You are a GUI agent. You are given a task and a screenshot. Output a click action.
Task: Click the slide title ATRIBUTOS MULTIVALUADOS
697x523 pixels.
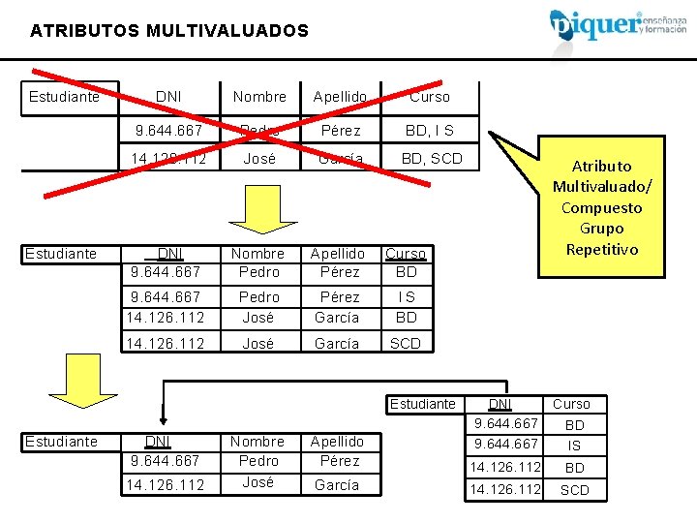169,31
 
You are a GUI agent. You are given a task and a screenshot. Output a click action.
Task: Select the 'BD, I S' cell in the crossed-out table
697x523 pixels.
430,130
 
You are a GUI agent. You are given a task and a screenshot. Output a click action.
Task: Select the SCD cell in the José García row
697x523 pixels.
406,343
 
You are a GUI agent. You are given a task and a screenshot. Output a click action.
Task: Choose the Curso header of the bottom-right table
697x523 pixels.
571,404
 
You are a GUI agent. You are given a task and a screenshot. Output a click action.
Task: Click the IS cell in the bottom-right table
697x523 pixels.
574,446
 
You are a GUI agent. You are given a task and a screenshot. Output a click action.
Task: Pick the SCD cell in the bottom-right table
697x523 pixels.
574,490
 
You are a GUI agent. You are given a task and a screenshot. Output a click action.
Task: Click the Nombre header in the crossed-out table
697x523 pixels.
259,97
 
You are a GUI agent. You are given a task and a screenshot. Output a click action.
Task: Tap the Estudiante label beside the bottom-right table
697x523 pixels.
423,404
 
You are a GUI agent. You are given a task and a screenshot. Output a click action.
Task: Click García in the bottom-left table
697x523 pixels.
337,484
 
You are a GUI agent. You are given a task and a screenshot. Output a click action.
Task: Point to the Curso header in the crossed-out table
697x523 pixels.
430,97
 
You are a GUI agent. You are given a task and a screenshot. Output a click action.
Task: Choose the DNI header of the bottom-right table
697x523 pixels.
501,404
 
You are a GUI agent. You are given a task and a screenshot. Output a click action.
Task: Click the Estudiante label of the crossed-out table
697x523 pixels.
64,97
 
